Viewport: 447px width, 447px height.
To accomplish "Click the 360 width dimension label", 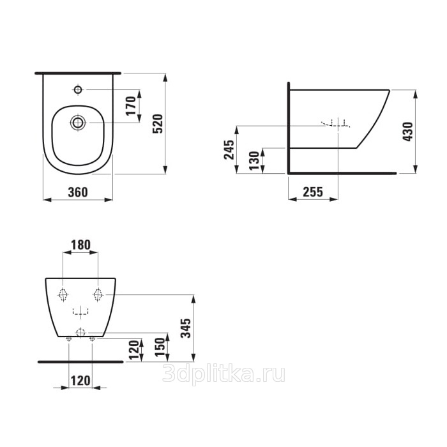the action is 78,192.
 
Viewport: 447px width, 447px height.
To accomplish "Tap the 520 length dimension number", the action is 158,123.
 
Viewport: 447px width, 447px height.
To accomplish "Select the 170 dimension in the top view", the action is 132,106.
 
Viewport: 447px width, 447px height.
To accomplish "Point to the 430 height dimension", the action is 408,132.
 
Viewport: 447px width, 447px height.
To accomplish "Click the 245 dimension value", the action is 229,149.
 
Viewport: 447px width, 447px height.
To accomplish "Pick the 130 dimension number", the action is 254,160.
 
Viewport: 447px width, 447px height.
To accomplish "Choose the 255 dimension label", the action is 313,192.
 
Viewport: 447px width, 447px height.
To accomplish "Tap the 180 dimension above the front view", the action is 80,245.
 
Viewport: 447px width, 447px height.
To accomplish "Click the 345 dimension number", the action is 186,328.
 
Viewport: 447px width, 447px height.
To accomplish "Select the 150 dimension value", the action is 160,347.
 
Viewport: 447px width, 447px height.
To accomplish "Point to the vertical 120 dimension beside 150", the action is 133,349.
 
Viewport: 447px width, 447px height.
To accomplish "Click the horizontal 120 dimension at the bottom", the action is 80,381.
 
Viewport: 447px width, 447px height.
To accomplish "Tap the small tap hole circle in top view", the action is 78,90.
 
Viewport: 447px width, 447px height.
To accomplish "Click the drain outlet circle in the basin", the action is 77,123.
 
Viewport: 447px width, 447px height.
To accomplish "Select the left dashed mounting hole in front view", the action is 63,294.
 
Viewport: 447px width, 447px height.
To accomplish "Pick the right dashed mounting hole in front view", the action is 98,294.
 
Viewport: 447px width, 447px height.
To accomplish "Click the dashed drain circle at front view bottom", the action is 80,332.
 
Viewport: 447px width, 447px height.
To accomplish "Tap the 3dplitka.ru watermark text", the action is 223,374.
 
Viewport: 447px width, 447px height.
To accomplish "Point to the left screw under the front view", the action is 69,338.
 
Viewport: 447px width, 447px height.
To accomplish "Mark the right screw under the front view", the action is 92,338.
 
